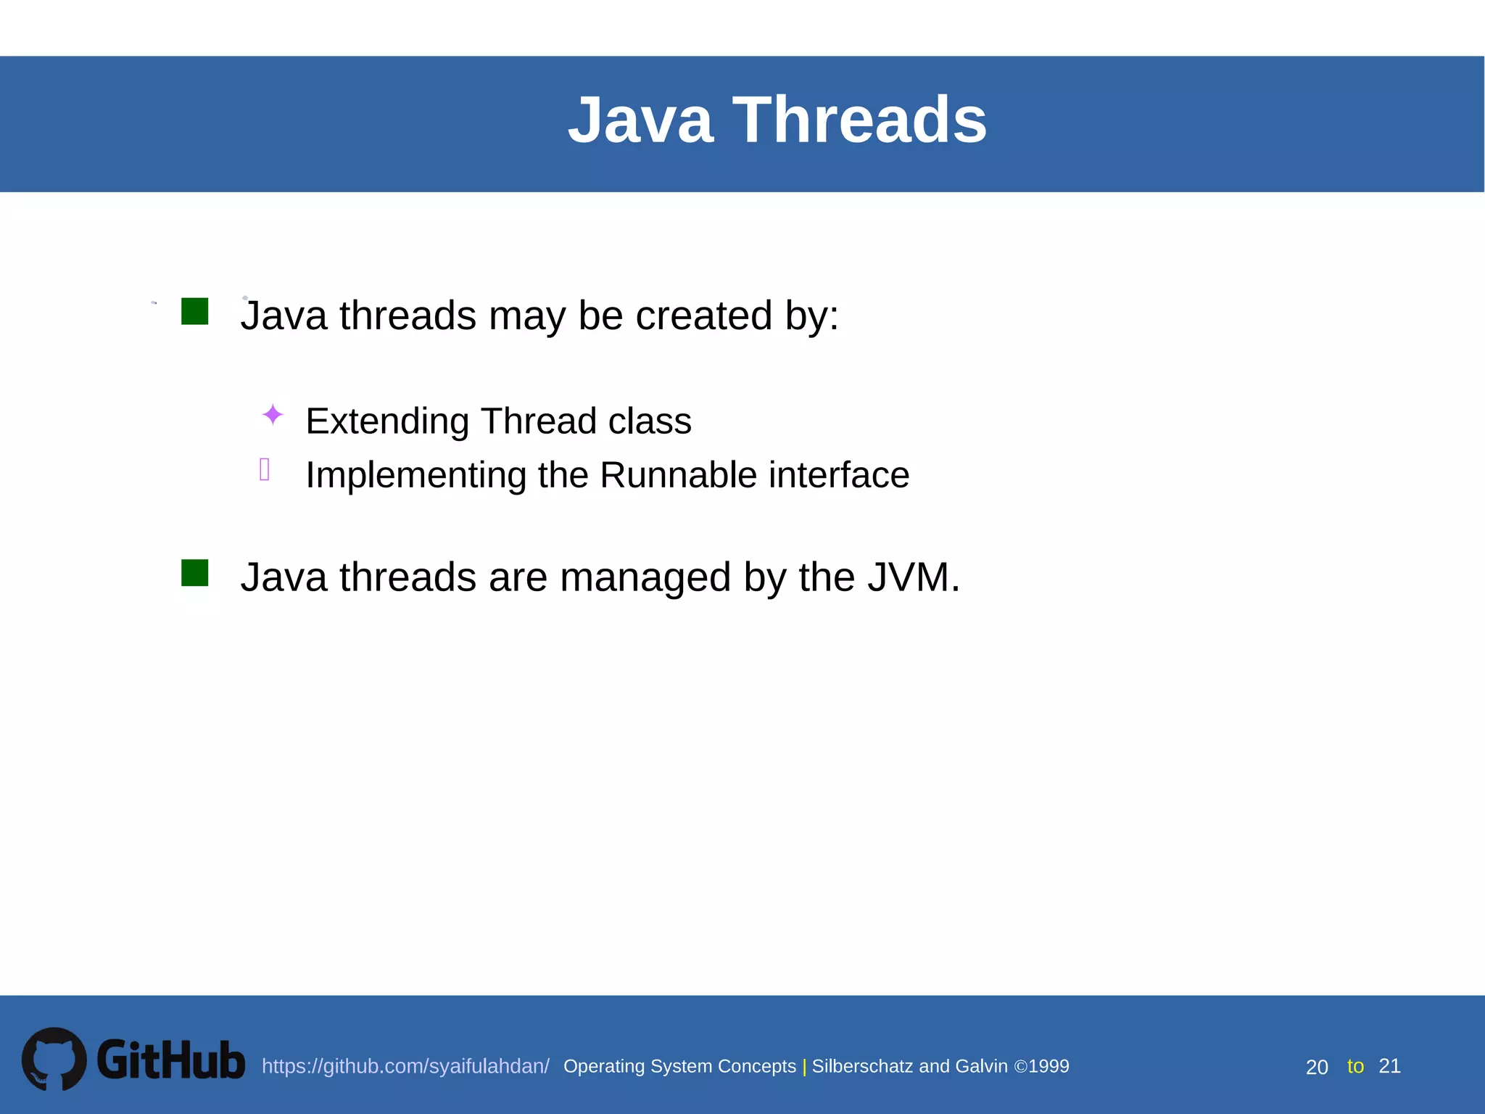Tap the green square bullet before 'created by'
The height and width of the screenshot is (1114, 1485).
click(194, 311)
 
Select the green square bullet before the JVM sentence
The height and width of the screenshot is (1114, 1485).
click(194, 572)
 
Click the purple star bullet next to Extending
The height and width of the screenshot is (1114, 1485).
click(273, 415)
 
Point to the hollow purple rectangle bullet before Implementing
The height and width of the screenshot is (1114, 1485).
click(265, 469)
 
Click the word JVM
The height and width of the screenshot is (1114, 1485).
click(913, 578)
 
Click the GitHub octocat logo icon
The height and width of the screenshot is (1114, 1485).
click(54, 1058)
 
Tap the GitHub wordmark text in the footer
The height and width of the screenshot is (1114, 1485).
click(171, 1060)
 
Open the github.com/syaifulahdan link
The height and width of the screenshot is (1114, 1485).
click(405, 1066)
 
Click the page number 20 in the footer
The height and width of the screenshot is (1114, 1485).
click(1317, 1067)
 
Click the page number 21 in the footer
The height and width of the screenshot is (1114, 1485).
click(1389, 1066)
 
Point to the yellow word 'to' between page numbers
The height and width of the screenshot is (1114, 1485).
click(1355, 1066)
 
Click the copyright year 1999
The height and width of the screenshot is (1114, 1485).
click(1048, 1066)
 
